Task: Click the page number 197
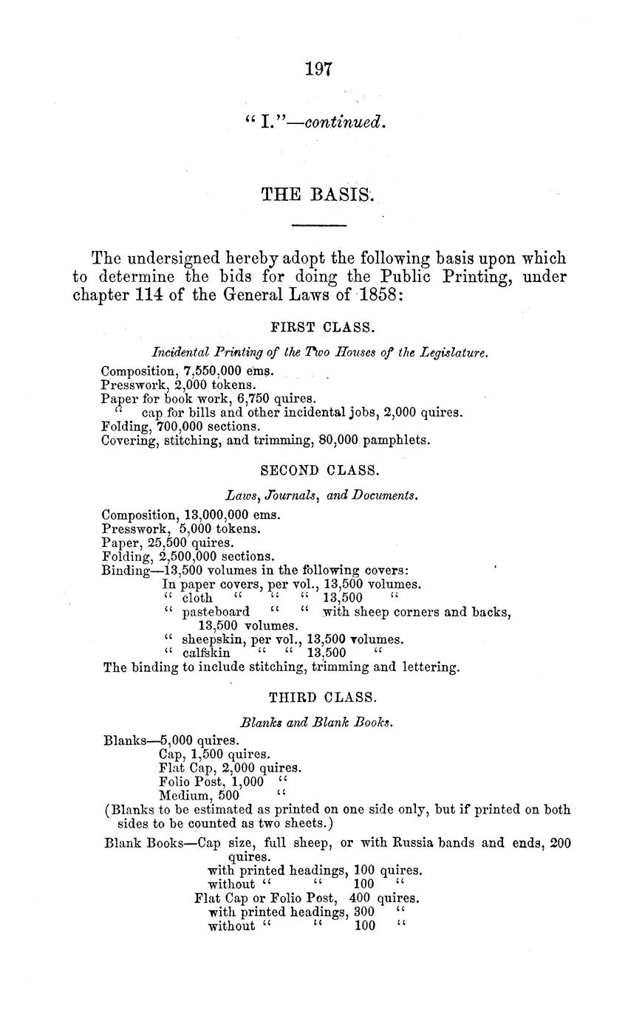tap(320, 69)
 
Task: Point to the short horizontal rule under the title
tap(319, 224)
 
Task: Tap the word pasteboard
tap(215, 612)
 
